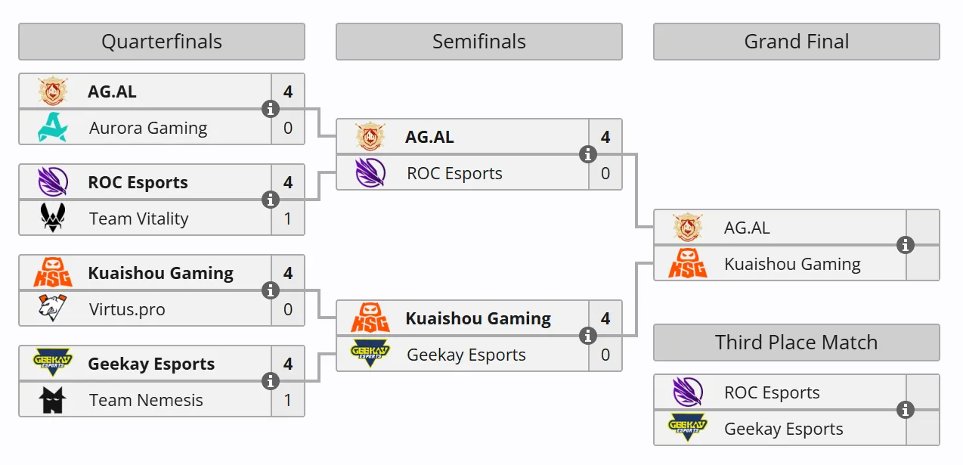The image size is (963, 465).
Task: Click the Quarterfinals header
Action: coord(162,42)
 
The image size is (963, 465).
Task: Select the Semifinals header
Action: coord(479,42)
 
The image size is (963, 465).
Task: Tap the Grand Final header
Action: coord(796,42)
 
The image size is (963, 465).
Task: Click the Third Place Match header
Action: coord(796,343)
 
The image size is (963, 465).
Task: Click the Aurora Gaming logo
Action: coord(53,127)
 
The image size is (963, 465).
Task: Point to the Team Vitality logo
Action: coord(53,218)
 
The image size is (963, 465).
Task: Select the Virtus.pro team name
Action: coord(127,309)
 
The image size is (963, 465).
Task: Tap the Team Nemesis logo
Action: coord(52,400)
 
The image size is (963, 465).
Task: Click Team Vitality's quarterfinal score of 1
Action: coord(287,219)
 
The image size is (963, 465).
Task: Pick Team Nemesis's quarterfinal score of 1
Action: coord(287,400)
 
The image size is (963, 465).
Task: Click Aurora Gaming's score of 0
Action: coord(287,128)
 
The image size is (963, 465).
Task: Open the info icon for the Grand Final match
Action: coord(905,245)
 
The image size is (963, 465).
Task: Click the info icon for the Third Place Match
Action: coord(905,410)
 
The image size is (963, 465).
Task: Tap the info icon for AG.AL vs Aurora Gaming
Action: coord(271,109)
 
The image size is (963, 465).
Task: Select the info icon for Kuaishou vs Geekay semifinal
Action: coord(587,336)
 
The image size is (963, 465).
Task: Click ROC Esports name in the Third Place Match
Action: coord(772,392)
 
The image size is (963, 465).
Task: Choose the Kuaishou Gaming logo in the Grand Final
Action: coord(687,263)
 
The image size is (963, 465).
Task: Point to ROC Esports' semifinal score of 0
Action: coord(605,173)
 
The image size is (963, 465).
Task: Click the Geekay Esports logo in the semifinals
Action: coord(370,354)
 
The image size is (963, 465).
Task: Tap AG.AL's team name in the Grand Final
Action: coord(747,228)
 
